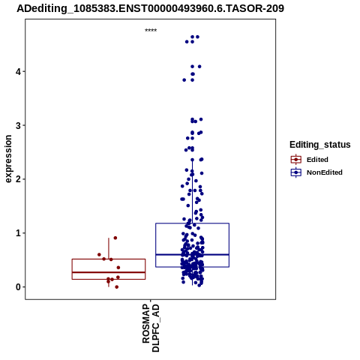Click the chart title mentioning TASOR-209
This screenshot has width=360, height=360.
[150, 8]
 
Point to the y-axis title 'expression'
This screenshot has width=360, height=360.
[8, 159]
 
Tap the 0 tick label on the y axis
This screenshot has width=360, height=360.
[18, 287]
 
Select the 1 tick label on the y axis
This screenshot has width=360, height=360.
[18, 233]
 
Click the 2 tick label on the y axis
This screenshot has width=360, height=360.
[18, 179]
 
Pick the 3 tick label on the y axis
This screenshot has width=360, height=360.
[18, 125]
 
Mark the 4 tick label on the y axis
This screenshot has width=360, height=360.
[18, 71]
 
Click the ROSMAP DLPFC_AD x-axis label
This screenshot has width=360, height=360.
[151, 328]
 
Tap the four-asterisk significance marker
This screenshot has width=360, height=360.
[151, 31]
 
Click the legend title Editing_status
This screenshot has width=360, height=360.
[320, 145]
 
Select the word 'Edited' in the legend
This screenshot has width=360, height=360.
[317, 160]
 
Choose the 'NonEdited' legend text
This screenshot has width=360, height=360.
[325, 172]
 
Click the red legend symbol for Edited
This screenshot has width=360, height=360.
[296, 160]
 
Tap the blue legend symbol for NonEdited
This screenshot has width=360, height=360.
[296, 172]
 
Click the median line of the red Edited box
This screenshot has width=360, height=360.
[109, 272]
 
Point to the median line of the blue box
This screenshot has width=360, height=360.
[192, 254]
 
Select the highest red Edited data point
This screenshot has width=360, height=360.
[115, 238]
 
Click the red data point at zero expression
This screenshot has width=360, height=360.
[116, 287]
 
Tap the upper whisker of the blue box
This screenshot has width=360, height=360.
[192, 191]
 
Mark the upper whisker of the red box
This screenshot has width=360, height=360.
[109, 248]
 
